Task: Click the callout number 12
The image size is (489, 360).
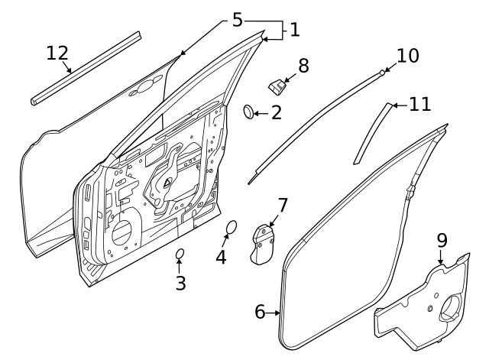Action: [x=57, y=54]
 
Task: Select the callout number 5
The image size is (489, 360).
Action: [x=237, y=21]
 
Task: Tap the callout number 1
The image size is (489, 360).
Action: [x=294, y=30]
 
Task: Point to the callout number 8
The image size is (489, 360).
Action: [x=303, y=66]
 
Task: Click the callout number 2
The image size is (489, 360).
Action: [x=276, y=113]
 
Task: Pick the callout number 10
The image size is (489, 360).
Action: [x=408, y=56]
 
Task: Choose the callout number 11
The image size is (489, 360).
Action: [x=419, y=104]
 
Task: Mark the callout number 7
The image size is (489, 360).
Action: [x=282, y=206]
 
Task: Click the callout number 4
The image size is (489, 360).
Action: [x=221, y=258]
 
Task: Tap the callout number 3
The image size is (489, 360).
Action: [x=180, y=283]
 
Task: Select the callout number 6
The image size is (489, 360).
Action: [x=260, y=313]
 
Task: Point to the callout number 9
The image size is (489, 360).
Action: [x=442, y=240]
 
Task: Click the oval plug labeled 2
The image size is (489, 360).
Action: [x=249, y=112]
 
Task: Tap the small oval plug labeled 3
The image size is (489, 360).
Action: [x=180, y=254]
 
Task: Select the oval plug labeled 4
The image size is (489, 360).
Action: [x=232, y=227]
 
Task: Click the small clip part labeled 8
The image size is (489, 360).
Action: [x=277, y=84]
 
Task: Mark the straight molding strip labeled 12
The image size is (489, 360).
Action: [x=86, y=67]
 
